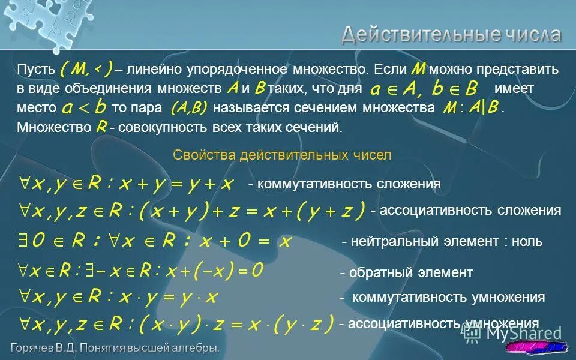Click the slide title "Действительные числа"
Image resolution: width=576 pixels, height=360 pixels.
(x=451, y=34)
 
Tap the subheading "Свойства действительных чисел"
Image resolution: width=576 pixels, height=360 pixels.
(x=282, y=155)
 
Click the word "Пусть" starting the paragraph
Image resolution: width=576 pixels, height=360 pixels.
(x=35, y=69)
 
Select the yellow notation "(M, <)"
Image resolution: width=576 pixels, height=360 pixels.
(x=86, y=69)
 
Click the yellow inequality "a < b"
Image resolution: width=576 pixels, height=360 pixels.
(x=85, y=108)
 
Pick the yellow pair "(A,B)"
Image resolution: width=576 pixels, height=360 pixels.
(x=188, y=108)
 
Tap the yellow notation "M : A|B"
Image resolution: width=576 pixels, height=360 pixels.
(x=470, y=109)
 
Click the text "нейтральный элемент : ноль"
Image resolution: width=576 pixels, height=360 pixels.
(x=442, y=242)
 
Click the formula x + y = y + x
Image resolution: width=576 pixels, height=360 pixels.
(x=126, y=184)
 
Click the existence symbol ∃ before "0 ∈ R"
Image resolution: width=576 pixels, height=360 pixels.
(x=23, y=242)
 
